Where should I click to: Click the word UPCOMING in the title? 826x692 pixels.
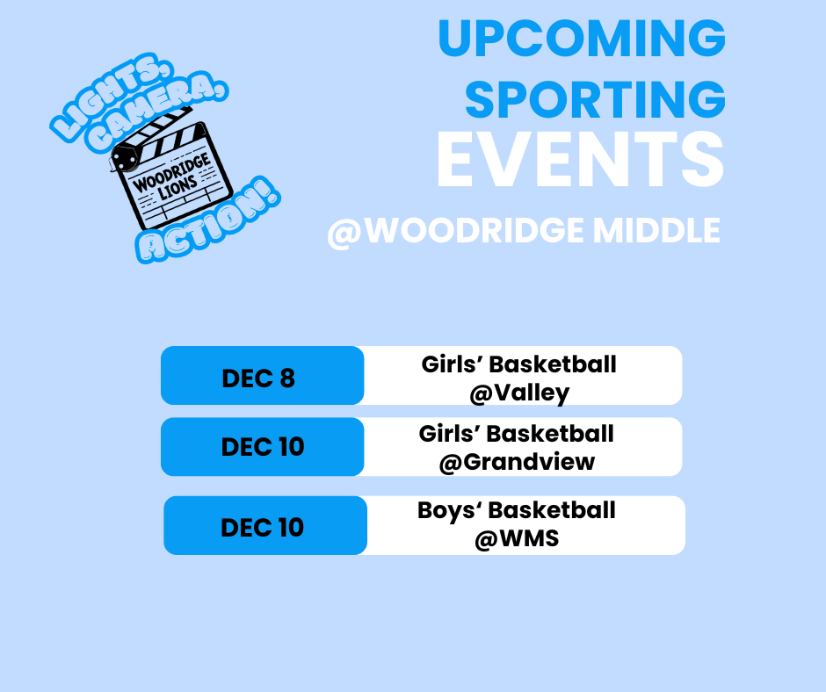581,39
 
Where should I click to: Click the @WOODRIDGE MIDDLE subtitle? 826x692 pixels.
524,231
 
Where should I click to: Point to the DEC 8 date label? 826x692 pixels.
258,378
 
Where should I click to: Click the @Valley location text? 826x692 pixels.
519,393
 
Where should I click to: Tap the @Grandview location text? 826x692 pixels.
517,462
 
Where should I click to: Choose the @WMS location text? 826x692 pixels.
517,538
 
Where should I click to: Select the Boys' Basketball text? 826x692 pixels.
517,510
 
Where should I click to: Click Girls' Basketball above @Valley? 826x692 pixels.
519,364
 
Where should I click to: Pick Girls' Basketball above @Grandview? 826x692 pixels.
517,433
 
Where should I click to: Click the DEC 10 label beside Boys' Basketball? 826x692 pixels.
262,527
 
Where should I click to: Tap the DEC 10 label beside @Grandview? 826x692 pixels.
262,447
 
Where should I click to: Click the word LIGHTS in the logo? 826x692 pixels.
91,104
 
